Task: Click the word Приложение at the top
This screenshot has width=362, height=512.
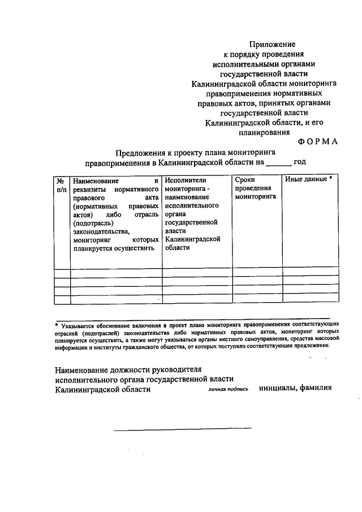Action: (273, 44)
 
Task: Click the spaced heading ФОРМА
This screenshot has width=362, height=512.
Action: (318, 142)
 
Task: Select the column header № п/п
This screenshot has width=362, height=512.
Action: (61, 184)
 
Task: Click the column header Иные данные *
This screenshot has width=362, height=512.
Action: (308, 179)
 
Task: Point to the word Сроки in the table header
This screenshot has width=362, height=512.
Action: (245, 179)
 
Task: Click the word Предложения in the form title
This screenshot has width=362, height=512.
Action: (141, 152)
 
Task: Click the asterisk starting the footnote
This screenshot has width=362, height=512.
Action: (57, 326)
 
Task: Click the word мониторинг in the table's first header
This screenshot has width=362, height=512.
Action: (90, 240)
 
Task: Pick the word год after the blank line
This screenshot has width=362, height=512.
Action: (299, 162)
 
